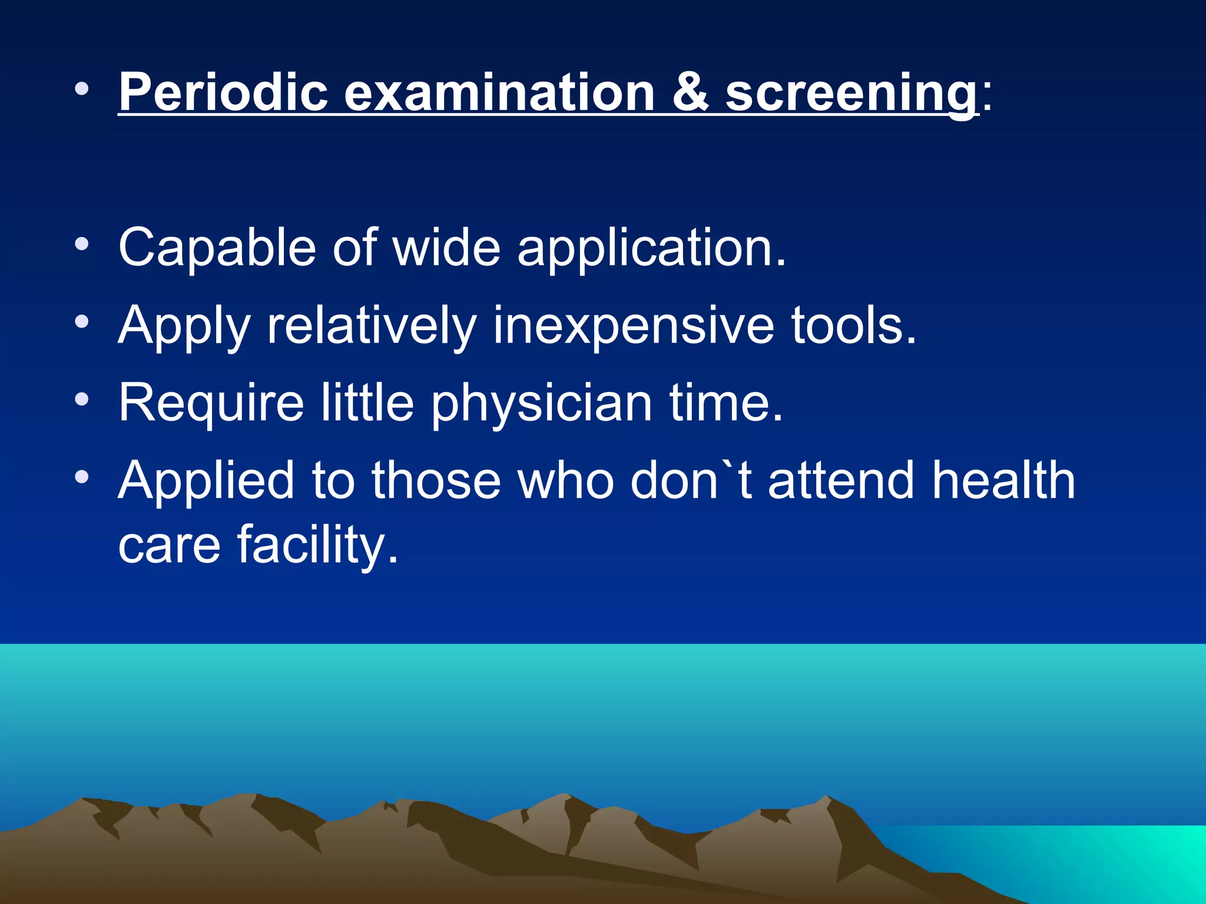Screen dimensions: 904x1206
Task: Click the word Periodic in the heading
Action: [223, 92]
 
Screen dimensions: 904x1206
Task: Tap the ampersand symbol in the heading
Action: [690, 92]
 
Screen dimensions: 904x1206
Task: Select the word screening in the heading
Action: [851, 94]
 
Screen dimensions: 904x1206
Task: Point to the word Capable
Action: [217, 248]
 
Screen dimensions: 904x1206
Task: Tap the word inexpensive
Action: [632, 327]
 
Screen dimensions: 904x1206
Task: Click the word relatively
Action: [372, 327]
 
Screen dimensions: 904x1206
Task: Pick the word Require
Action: [211, 404]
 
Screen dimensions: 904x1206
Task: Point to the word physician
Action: [542, 405]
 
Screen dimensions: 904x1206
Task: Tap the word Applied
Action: [206, 482]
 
